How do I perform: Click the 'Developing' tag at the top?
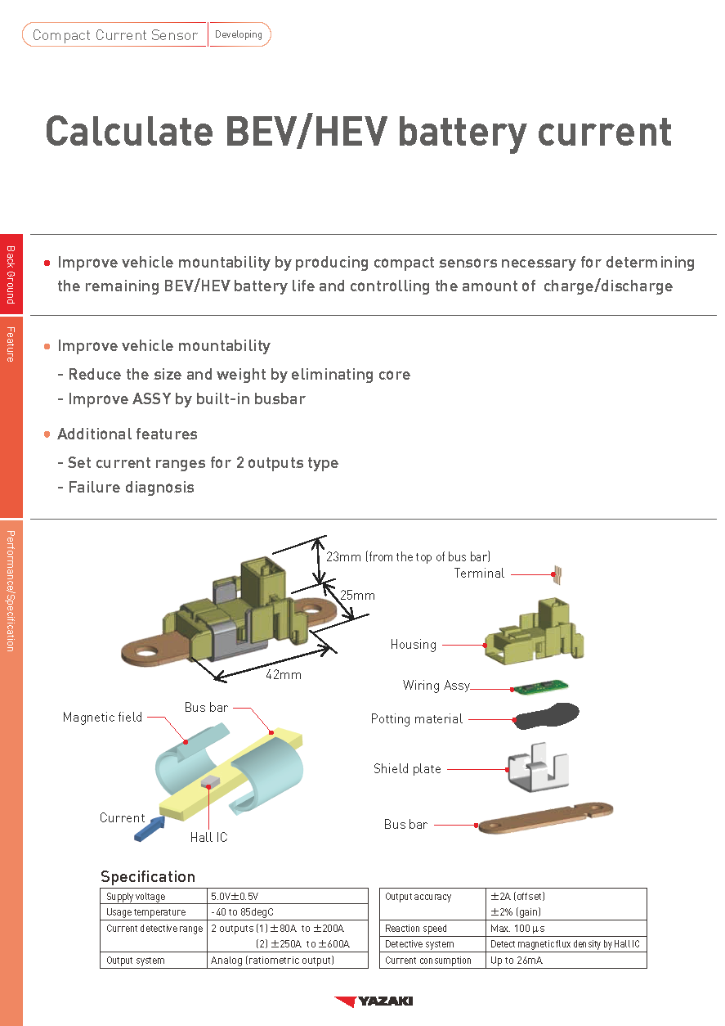239,34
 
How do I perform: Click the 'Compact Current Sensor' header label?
114,35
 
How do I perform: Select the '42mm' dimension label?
284,675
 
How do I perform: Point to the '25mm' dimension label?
357,595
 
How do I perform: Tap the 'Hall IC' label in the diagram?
209,837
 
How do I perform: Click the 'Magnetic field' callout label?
102,718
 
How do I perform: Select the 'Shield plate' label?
407,769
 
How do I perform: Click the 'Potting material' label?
417,719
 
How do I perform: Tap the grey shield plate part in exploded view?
537,769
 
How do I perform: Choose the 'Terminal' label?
479,574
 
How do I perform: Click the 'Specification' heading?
148,876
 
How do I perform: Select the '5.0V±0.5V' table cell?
235,897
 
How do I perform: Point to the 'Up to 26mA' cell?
516,961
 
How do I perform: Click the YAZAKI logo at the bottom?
374,1001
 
